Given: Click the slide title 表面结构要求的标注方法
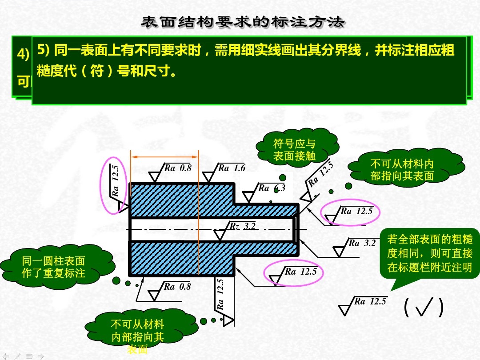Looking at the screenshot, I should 242,22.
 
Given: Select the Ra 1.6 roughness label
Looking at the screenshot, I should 231,168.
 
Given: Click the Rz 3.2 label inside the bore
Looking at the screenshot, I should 243,226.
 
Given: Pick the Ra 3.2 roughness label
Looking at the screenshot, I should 362,243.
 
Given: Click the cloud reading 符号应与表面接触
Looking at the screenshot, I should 294,149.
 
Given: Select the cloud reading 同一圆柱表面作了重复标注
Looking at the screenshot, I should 53,267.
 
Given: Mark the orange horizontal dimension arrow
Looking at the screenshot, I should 164,156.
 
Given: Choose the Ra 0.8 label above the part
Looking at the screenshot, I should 177,168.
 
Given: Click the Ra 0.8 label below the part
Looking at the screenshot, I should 177,287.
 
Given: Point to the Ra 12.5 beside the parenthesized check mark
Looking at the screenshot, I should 370,302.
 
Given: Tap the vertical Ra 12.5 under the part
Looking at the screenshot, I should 220,294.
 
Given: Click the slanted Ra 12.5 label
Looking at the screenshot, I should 320,174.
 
